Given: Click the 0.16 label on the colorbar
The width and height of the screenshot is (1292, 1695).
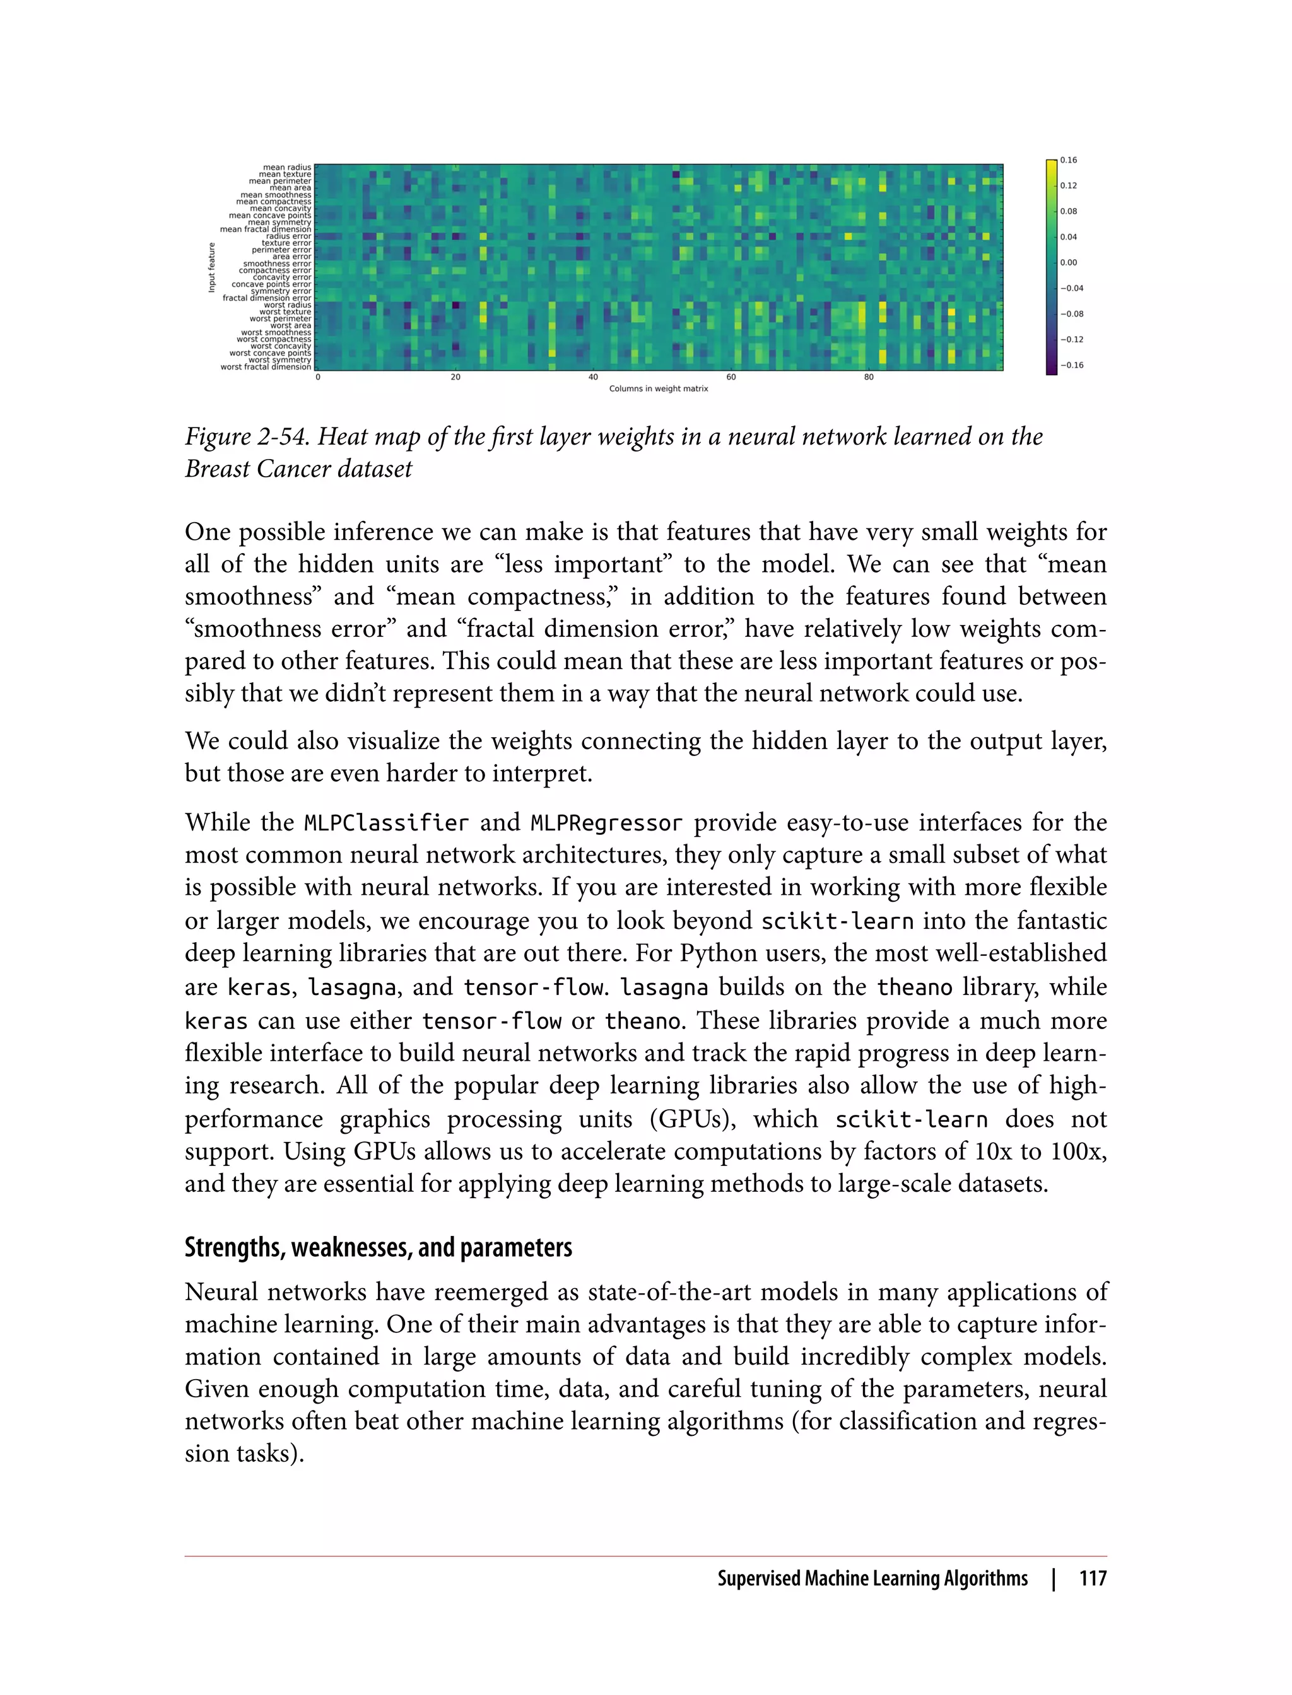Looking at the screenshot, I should pos(1068,160).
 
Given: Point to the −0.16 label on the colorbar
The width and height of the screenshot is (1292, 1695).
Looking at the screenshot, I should pos(1071,365).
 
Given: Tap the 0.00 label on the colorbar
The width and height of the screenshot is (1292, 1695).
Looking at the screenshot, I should pos(1068,262).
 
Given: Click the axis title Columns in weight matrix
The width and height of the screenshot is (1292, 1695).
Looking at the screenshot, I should pos(659,389).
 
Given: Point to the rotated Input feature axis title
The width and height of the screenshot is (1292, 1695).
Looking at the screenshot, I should pos(211,267).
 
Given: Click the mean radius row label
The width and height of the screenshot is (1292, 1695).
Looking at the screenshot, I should pos(287,167).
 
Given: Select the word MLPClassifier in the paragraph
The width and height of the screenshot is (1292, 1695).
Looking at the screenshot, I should pos(386,824).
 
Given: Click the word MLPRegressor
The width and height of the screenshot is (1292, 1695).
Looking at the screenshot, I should pos(606,824).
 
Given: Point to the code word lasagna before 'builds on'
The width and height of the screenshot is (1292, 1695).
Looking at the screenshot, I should pos(664,987).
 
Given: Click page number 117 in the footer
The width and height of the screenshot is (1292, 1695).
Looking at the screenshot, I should pos(1092,1579).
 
